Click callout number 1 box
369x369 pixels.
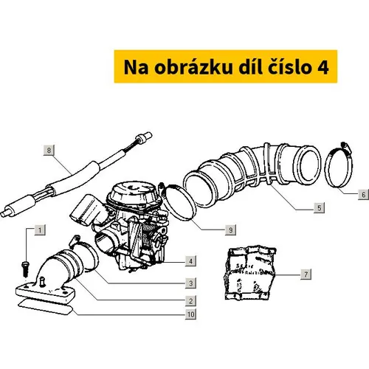(40, 230)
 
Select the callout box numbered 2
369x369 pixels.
(190, 300)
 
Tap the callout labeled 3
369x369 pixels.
(190, 283)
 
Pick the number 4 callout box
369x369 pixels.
(190, 261)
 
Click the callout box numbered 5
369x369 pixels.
(319, 207)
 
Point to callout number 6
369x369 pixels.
(363, 194)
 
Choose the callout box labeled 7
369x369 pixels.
(306, 274)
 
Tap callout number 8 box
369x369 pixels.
(49, 150)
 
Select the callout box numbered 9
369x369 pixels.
(230, 230)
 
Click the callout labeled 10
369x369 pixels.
(190, 314)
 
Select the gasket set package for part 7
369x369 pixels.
(249, 274)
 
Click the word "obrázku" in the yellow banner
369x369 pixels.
(193, 67)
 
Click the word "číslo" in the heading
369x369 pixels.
(289, 66)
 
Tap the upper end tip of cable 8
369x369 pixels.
(150, 134)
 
